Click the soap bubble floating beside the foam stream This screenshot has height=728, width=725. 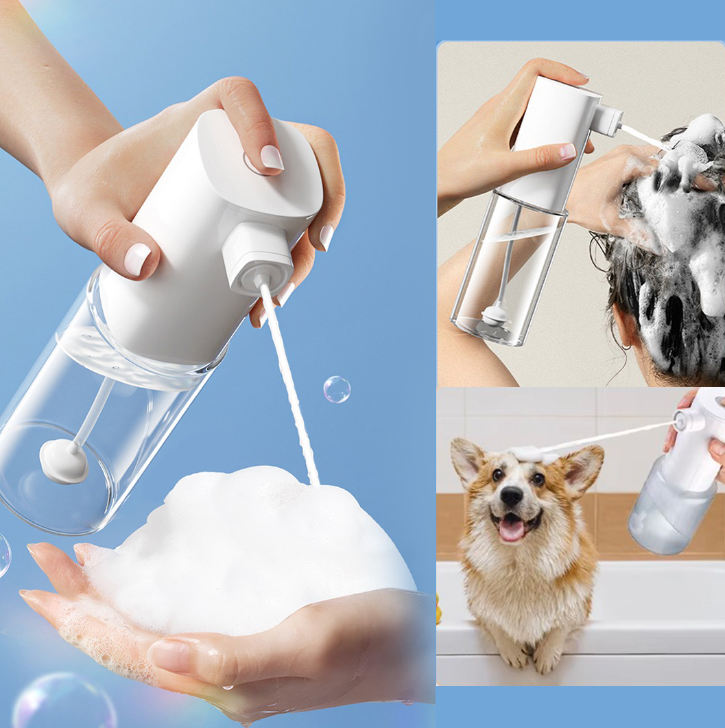(x=337, y=389)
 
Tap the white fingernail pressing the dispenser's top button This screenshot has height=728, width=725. (x=272, y=157)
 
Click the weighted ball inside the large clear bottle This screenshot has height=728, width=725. (x=64, y=461)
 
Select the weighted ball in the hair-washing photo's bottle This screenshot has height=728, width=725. (x=494, y=316)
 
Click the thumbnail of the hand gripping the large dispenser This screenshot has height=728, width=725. (x=137, y=258)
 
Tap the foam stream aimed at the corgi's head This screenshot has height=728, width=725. (x=610, y=436)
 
